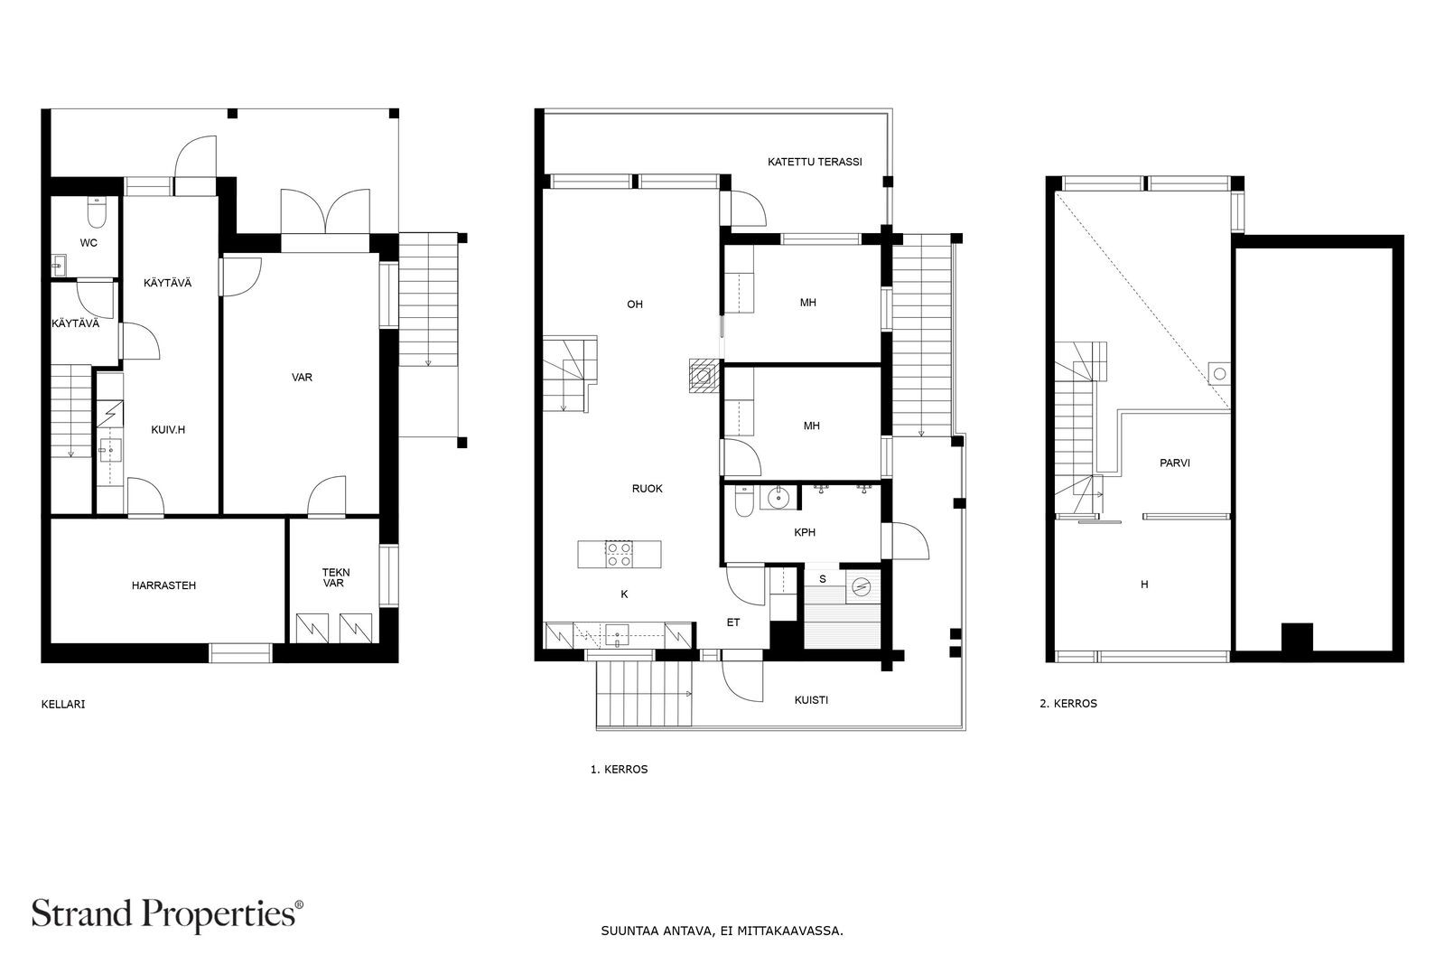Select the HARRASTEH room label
point(163,585)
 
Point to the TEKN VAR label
point(335,577)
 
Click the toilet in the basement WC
point(97,214)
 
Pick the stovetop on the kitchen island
point(619,554)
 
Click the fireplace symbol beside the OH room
point(704,375)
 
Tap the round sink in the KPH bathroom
point(780,498)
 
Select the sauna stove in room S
point(862,586)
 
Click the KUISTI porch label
point(811,700)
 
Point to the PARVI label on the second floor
point(1175,463)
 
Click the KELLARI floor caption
point(63,705)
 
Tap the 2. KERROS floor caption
point(1068,704)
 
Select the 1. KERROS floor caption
point(620,770)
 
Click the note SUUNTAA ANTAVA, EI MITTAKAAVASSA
point(722,931)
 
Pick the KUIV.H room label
point(168,430)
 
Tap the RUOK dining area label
point(647,489)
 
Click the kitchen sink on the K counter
point(618,635)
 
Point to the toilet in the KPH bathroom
point(744,502)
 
